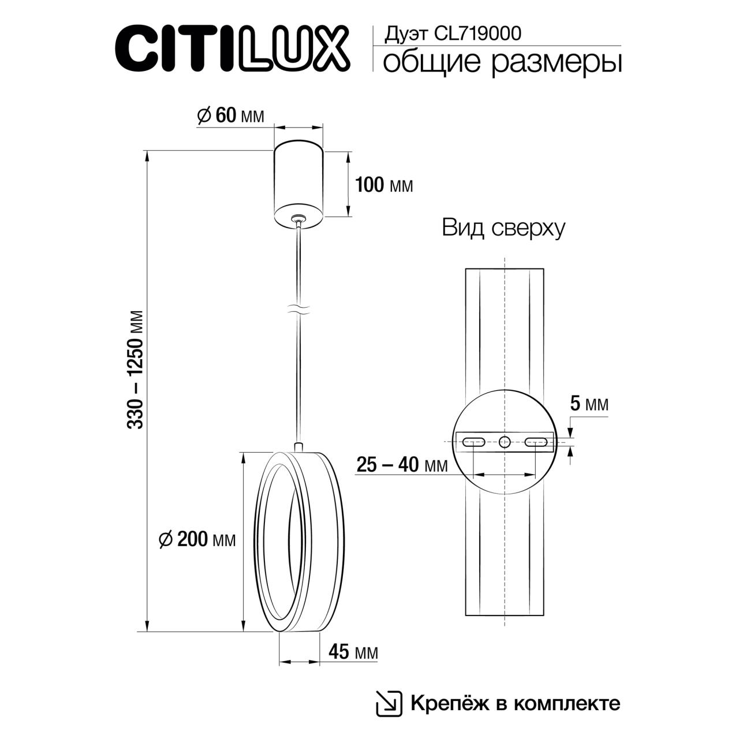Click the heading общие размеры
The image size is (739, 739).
pyautogui.click(x=502, y=62)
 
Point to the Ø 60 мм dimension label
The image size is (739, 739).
pyautogui.click(x=230, y=115)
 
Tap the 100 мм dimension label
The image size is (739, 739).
pyautogui.click(x=384, y=185)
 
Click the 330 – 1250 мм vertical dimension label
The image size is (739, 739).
pyautogui.click(x=136, y=369)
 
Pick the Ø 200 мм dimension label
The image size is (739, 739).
pyautogui.click(x=197, y=539)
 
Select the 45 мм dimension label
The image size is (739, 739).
pyautogui.click(x=353, y=652)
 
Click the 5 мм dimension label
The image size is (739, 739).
pyautogui.click(x=589, y=404)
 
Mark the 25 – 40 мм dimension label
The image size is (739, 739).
pyautogui.click(x=402, y=465)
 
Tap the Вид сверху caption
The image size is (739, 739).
pyautogui.click(x=503, y=228)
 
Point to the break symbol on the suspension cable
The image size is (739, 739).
pyautogui.click(x=298, y=309)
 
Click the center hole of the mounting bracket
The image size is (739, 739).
pyautogui.click(x=505, y=442)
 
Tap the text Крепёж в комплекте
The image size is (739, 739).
pyautogui.click(x=515, y=703)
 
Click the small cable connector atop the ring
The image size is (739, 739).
pyautogui.click(x=298, y=447)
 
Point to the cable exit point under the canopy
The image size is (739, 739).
pyautogui.click(x=298, y=218)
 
